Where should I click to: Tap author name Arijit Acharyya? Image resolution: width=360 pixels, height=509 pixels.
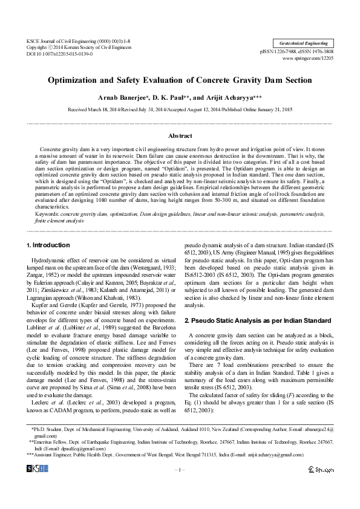click(x=235, y=97)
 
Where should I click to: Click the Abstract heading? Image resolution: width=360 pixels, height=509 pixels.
click(x=180, y=136)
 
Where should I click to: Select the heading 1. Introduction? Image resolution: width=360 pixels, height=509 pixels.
click(x=49, y=245)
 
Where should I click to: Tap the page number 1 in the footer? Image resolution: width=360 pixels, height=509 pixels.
click(x=180, y=470)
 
